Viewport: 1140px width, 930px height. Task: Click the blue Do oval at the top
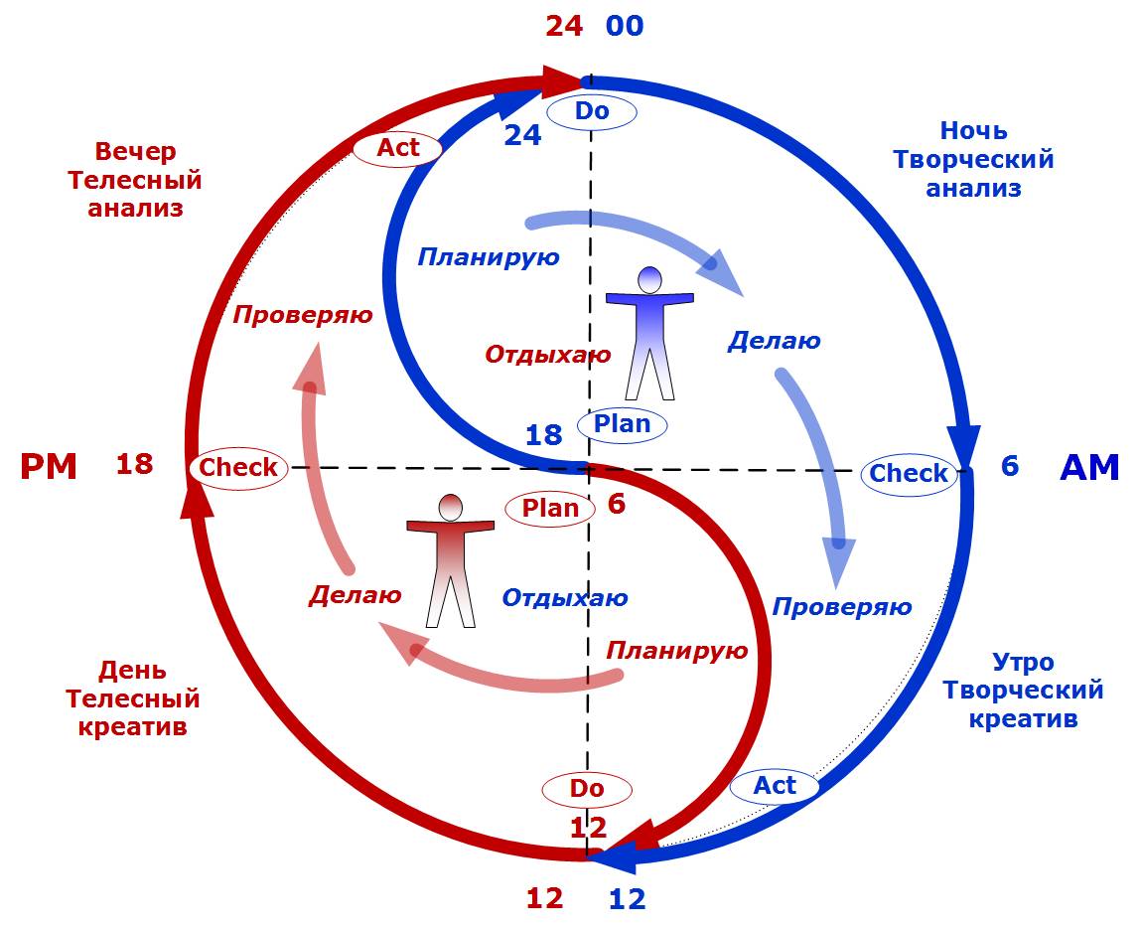[x=592, y=111]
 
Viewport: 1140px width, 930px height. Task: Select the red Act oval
[x=397, y=148]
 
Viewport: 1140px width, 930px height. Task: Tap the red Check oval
[x=237, y=467]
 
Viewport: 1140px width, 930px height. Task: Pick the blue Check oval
[x=909, y=473]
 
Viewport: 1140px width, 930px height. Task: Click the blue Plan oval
[x=623, y=424]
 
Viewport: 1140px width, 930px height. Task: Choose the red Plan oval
[x=550, y=508]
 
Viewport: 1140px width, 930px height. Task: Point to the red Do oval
[x=588, y=789]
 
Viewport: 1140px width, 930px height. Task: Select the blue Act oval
[x=775, y=786]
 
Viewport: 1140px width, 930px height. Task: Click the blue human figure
[x=649, y=333]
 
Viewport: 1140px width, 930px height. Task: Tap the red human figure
[x=450, y=560]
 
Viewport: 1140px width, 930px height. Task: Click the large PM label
[x=49, y=466]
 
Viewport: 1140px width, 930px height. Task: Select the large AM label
[x=1089, y=467]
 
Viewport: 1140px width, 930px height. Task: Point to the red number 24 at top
[x=564, y=26]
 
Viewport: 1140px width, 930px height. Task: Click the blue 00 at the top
[x=626, y=26]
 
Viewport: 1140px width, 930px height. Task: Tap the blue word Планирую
[x=489, y=257]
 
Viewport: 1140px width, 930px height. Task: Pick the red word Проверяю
[x=303, y=315]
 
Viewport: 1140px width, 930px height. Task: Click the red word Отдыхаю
[x=548, y=355]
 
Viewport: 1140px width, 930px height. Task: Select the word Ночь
[x=973, y=131]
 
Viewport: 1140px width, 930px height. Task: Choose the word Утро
[x=1023, y=662]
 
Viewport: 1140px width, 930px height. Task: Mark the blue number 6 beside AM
[x=1010, y=466]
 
